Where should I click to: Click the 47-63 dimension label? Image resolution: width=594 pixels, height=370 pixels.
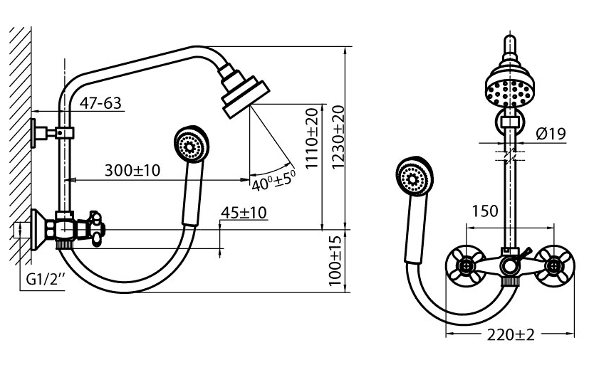click(x=100, y=103)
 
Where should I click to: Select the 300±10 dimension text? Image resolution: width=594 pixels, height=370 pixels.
click(x=132, y=171)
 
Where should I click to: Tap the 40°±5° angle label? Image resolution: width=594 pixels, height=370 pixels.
click(x=273, y=180)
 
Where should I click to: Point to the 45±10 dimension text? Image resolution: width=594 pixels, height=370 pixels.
click(x=244, y=213)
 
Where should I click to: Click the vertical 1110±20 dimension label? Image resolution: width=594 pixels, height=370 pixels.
click(x=312, y=138)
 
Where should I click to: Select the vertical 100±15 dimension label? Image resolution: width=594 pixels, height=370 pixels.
click(x=335, y=261)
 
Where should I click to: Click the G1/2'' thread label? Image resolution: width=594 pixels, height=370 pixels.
click(x=46, y=280)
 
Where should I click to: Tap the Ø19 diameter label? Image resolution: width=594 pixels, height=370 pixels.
click(x=551, y=134)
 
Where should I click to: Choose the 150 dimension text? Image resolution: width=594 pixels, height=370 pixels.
click(x=485, y=211)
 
